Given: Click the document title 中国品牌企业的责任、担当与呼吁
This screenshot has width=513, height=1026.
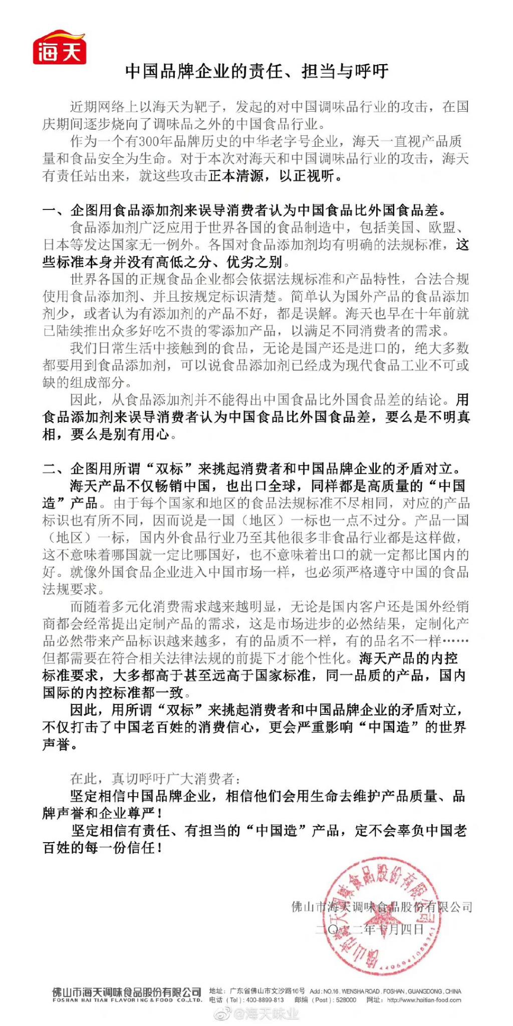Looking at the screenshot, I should [x=256, y=72].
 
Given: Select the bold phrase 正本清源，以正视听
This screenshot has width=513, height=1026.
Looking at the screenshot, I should [x=275, y=176].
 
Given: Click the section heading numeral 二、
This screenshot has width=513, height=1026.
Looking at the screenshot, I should [x=56, y=469].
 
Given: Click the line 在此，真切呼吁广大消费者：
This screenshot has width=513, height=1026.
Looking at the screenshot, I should [x=155, y=779].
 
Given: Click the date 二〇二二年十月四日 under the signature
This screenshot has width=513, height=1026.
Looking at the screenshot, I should [x=370, y=930].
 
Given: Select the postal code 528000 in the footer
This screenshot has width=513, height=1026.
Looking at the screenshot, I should [x=346, y=1000].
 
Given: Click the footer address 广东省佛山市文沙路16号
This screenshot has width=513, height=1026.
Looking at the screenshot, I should [x=267, y=991].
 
